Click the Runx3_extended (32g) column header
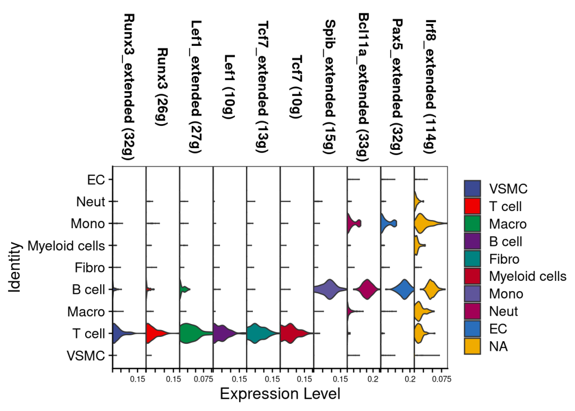(x=129, y=87)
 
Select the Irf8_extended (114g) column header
(x=430, y=86)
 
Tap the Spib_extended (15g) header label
(x=330, y=87)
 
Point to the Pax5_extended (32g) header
(x=397, y=87)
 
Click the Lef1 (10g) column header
(x=229, y=87)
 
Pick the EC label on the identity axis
(x=96, y=180)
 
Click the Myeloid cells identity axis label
(x=67, y=246)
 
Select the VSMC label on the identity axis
(x=86, y=356)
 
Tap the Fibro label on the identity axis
(x=90, y=268)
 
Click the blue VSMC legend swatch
(x=472, y=189)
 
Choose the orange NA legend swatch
(x=472, y=346)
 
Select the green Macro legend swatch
(x=472, y=224)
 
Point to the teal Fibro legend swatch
(x=472, y=259)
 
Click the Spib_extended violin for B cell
(x=330, y=289)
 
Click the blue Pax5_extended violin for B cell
(x=402, y=289)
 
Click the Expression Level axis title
(x=280, y=394)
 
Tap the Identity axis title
(x=15, y=267)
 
